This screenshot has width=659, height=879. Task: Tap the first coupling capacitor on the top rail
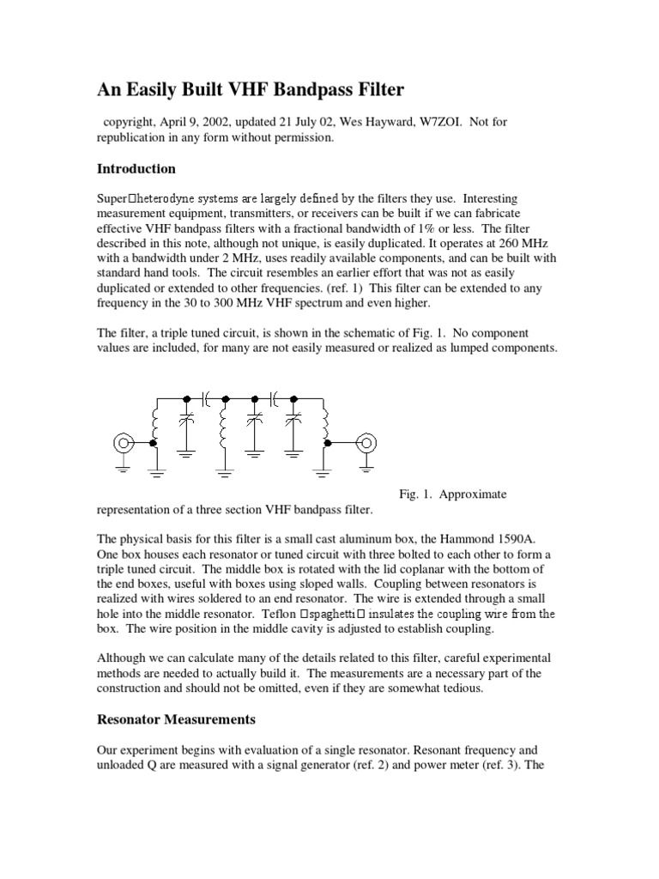pyautogui.click(x=206, y=398)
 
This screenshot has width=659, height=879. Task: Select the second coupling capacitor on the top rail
pyautogui.click(x=275, y=398)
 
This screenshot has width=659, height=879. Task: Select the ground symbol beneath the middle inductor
pyautogui.click(x=225, y=470)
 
